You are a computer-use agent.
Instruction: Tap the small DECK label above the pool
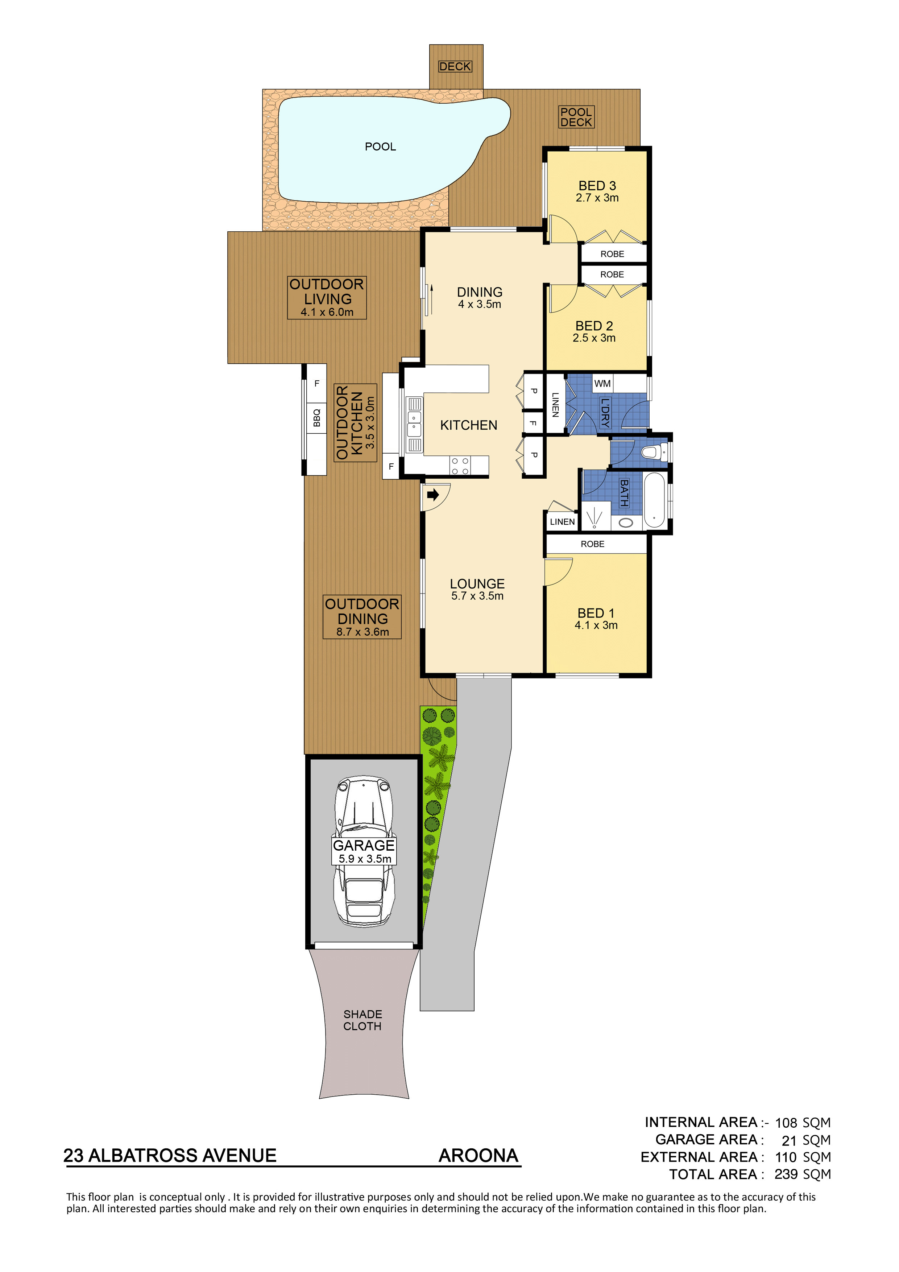[x=455, y=66]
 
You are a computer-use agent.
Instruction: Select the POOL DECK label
[x=576, y=117]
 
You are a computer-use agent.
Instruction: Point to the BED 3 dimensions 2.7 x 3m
[x=597, y=198]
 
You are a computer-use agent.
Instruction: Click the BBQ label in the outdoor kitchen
[x=317, y=418]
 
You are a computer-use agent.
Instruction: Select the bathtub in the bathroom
[x=654, y=500]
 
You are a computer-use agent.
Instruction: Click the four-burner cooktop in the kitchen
[x=460, y=466]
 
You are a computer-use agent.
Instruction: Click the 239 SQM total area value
[x=802, y=1174]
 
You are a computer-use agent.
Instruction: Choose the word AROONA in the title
[x=478, y=1156]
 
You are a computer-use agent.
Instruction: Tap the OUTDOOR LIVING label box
[x=327, y=297]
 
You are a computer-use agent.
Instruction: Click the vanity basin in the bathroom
[x=626, y=523]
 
